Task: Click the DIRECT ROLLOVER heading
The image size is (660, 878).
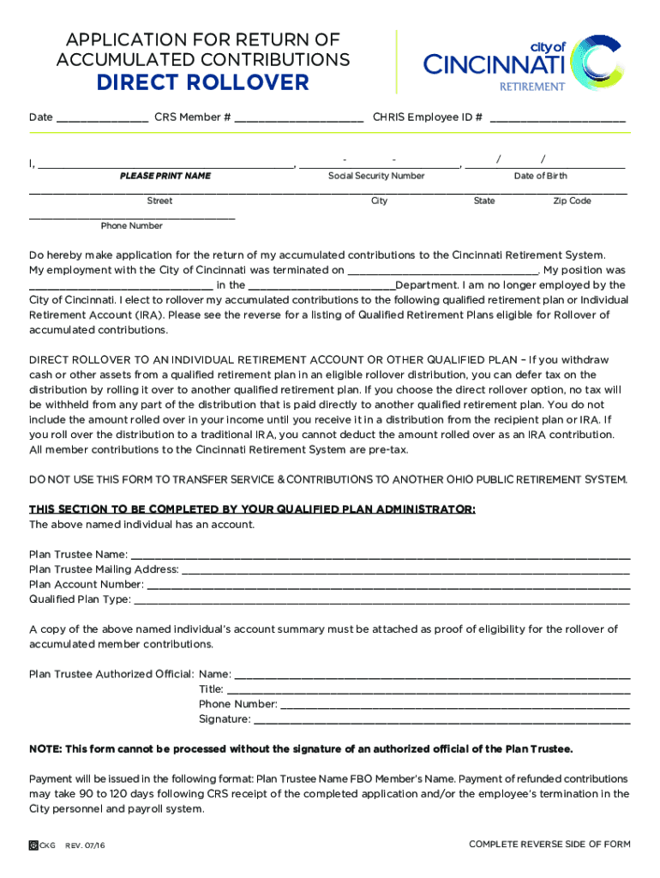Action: click(x=202, y=82)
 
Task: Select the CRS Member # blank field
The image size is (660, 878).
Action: click(x=298, y=118)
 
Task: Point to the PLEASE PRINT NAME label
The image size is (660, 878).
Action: click(x=165, y=176)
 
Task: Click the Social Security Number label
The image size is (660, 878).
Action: click(x=376, y=176)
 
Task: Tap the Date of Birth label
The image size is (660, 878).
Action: click(x=540, y=176)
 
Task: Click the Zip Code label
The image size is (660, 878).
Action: click(x=572, y=201)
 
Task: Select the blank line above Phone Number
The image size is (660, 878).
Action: click(x=132, y=217)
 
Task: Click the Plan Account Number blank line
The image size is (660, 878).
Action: click(x=388, y=586)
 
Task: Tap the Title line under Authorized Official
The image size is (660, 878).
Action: click(x=429, y=690)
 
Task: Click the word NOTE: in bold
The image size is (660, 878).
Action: click(x=45, y=749)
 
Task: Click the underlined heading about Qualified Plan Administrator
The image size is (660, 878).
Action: click(x=252, y=509)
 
